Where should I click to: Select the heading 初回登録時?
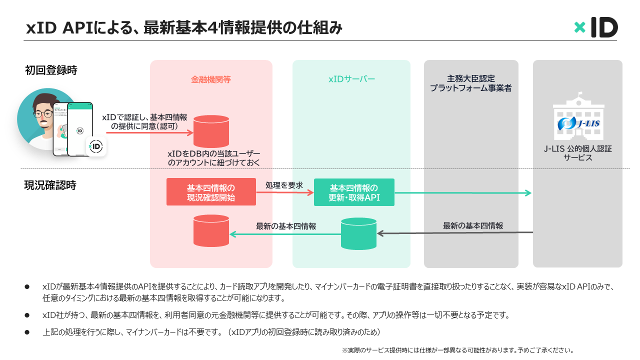tap(51, 70)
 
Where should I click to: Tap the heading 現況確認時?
tap(50, 185)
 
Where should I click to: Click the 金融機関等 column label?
tap(211, 79)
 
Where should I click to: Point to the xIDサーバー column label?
tap(351, 79)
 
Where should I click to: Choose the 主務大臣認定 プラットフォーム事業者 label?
tap(471, 83)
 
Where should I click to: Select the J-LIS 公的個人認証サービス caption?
tap(577, 153)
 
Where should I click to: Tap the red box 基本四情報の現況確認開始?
tap(211, 192)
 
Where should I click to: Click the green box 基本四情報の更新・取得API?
tap(354, 192)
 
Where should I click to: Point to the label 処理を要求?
tap(284, 185)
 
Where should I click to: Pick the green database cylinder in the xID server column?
tap(358, 233)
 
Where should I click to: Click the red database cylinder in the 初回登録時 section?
tap(211, 131)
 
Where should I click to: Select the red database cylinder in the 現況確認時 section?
tap(211, 231)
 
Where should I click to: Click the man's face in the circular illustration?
tap(43, 116)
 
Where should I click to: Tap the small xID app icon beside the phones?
tap(95, 146)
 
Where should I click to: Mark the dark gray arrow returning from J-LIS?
tap(455, 233)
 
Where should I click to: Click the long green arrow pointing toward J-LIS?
tap(462, 193)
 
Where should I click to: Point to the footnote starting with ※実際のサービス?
tap(457, 350)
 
